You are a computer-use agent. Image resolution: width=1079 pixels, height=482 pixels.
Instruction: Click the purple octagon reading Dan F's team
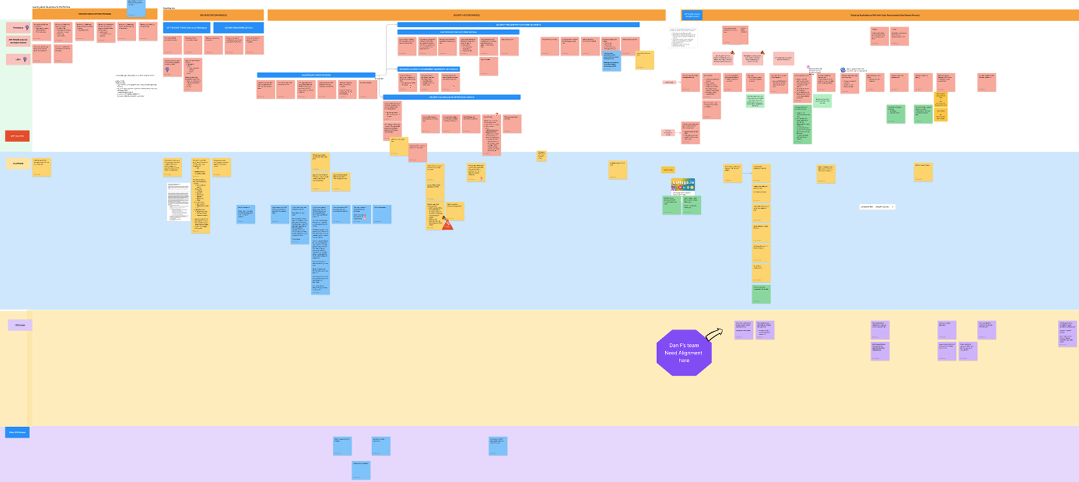coord(684,352)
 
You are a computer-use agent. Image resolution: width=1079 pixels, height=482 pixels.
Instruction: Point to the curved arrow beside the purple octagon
coord(714,334)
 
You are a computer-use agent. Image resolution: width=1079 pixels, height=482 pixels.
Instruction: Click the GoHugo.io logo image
coord(683,184)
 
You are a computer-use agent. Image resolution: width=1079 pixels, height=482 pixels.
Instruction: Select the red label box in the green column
coord(17,136)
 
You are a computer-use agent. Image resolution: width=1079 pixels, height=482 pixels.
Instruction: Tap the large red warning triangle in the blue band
coord(447,224)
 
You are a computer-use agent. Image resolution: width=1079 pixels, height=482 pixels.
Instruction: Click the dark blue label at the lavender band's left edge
coord(17,432)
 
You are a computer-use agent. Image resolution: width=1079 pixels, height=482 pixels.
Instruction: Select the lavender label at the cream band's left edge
coord(20,325)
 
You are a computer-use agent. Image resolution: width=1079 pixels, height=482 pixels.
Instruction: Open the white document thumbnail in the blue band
coord(178,202)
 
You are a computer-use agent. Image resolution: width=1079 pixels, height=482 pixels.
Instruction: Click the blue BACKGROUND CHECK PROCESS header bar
coord(316,75)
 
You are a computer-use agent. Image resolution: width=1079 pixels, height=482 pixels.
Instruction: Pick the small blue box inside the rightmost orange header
coord(692,15)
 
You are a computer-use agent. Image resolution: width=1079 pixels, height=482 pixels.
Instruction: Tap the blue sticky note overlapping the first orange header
coord(136,7)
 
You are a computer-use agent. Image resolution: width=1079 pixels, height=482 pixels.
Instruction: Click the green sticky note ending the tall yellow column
coord(761,294)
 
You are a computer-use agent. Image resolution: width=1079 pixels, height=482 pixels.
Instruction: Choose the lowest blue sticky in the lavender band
coord(361,470)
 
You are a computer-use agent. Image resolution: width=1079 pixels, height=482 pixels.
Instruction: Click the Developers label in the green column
coord(19,27)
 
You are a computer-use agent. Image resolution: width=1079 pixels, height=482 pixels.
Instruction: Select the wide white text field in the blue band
coord(877,207)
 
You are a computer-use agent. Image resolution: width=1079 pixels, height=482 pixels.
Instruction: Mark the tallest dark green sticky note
coord(802,125)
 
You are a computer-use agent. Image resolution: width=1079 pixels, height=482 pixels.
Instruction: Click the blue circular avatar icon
coord(843,70)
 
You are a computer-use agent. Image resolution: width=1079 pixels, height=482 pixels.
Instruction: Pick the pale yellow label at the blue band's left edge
coord(19,164)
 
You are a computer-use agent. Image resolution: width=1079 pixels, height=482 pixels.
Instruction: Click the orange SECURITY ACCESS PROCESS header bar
coord(466,15)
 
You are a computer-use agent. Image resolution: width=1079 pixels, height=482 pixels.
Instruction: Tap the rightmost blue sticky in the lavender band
coord(498,446)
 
